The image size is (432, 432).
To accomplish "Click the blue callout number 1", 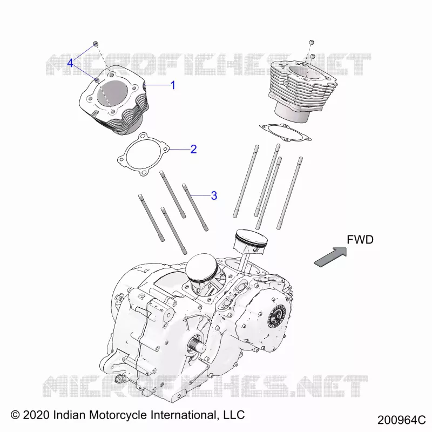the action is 173,85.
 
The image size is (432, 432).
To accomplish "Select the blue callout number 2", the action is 193,149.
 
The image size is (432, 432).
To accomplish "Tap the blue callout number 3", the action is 214,195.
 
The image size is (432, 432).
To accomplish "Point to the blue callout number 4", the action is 70,63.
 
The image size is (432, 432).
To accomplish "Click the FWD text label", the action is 360,240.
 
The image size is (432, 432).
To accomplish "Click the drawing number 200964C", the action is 401,420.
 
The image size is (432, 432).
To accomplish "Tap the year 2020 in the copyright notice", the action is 36,415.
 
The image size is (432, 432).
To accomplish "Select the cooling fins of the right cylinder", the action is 303,88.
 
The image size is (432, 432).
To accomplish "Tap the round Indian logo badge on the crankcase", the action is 276,317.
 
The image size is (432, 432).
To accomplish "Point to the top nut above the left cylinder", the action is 96,44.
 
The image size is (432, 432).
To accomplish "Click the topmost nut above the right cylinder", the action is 311,42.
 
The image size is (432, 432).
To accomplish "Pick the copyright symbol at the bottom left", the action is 15,415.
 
